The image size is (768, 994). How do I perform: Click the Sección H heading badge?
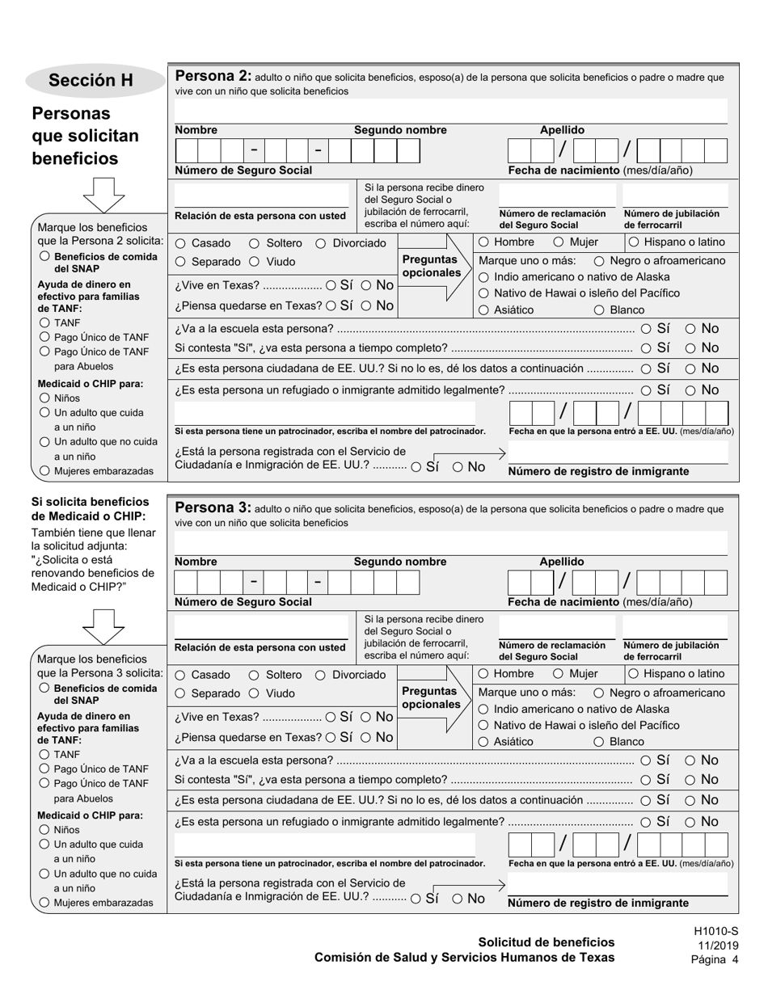click(91, 80)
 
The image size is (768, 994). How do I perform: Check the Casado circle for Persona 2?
click(180, 243)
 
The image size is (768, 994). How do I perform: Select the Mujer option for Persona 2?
click(559, 242)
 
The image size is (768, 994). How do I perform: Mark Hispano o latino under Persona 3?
click(634, 674)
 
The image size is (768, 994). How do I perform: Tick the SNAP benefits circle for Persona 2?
click(44, 256)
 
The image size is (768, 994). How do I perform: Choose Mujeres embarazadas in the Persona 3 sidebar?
click(44, 903)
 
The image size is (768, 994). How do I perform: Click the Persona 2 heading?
click(213, 77)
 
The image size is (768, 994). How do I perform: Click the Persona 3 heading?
click(213, 508)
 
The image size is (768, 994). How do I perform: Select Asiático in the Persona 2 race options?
click(483, 310)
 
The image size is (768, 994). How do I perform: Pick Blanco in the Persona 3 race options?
click(599, 742)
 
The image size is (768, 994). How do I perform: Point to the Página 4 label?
click(715, 960)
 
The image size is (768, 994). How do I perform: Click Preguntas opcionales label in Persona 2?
click(429, 266)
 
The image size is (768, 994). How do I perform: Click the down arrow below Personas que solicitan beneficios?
click(104, 195)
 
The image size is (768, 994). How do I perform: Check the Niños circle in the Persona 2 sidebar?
click(44, 398)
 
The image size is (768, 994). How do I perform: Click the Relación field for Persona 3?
click(261, 628)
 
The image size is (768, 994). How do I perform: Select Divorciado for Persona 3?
click(320, 675)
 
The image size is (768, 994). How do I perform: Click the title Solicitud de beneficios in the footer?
click(546, 942)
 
